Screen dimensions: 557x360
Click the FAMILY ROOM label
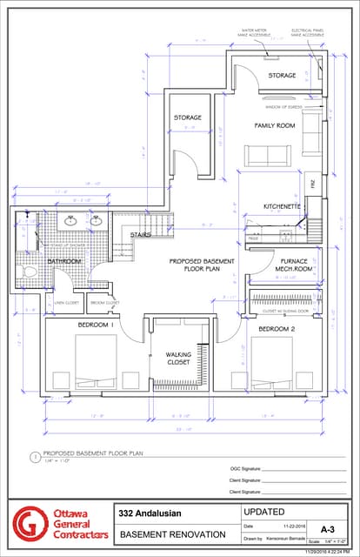pyautogui.click(x=274, y=125)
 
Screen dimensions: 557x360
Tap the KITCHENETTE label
pyautogui.click(x=282, y=206)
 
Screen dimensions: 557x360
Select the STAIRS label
pyautogui.click(x=140, y=234)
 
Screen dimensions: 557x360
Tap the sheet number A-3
pyautogui.click(x=327, y=528)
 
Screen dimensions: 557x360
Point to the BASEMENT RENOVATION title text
pyautogui.click(x=172, y=534)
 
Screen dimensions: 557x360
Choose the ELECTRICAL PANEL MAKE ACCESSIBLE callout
pyautogui.click(x=308, y=32)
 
